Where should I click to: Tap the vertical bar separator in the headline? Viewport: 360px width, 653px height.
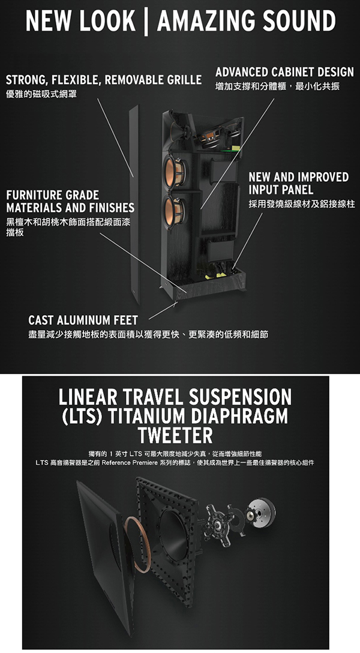click(x=146, y=21)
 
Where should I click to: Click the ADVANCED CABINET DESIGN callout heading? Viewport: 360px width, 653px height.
click(x=284, y=72)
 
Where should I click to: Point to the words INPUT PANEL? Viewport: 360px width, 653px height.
click(x=281, y=190)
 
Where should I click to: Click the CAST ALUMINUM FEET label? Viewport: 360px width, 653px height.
click(x=83, y=320)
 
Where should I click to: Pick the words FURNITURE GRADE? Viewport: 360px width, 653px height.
click(x=52, y=195)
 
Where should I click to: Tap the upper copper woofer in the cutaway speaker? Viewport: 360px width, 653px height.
click(x=175, y=170)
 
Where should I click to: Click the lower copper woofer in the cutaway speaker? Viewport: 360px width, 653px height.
click(x=175, y=211)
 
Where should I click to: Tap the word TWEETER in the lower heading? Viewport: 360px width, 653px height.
click(x=175, y=436)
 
